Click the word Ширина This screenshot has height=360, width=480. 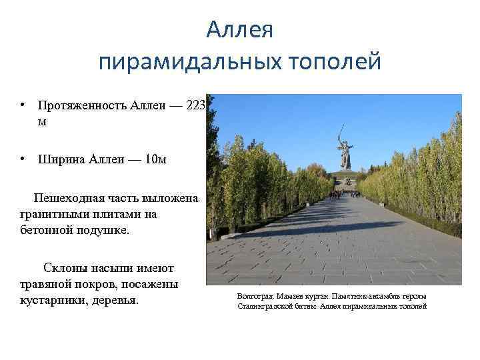(61, 159)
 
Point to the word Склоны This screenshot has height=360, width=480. (65, 269)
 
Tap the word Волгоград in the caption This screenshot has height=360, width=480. (255, 295)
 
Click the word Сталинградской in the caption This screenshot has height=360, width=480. (263, 306)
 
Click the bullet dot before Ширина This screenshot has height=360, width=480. (23, 159)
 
